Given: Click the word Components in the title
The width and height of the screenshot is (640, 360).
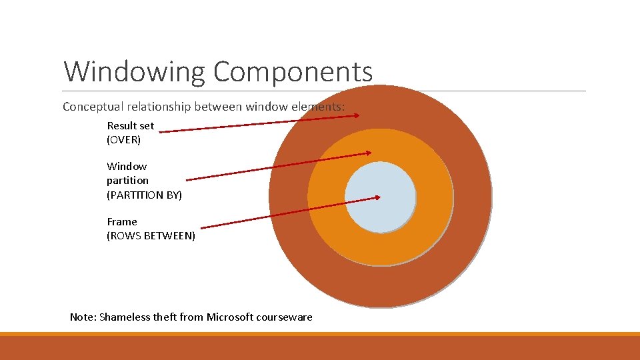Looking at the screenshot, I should pos(293,71).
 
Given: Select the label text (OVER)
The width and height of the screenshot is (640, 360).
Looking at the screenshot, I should pos(123,140).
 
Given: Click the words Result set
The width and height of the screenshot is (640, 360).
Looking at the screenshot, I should pos(130,125).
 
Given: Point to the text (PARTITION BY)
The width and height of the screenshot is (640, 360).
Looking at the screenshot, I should pos(144,195).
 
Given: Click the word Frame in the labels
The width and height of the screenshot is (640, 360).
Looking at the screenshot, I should pos(122,221).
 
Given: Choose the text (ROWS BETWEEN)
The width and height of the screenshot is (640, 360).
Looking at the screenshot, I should pos(151,236).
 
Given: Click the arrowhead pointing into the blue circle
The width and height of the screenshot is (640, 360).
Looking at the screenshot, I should pos(378,197).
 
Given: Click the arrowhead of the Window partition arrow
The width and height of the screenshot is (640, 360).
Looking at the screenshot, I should pos(368,153).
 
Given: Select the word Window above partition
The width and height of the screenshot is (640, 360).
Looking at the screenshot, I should pos(127,166).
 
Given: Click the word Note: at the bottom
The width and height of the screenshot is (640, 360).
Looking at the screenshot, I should pos(83,317).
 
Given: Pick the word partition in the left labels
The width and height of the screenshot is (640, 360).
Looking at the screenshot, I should pos(127,181).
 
